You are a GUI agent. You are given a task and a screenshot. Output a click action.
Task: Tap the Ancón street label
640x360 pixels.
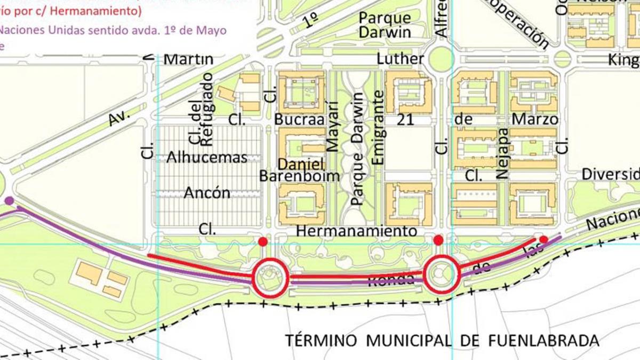click(207, 193)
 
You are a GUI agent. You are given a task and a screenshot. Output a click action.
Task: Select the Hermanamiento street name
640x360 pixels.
click(356, 231)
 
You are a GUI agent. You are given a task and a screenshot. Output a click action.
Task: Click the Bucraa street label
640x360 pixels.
click(300, 119)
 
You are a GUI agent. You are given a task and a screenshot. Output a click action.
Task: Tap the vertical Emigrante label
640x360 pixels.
click(378, 127)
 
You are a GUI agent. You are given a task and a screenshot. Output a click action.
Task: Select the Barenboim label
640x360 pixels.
click(300, 175)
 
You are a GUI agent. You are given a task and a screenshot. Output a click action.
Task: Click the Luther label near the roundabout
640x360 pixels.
click(400, 58)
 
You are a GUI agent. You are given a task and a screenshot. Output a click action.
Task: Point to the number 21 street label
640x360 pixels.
click(406, 119)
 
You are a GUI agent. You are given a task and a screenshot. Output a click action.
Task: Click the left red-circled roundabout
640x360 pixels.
click(270, 277)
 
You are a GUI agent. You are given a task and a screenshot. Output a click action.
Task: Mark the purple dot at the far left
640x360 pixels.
click(9, 201)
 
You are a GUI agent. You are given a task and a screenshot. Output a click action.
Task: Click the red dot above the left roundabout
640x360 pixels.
click(263, 242)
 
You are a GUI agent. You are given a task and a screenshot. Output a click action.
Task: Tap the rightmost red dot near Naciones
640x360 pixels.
click(543, 239)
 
